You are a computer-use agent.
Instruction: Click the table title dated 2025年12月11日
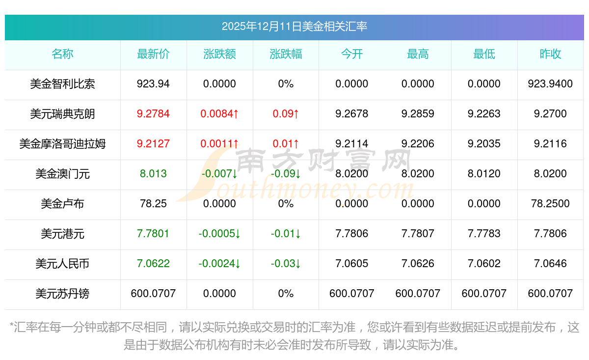coord(294,27)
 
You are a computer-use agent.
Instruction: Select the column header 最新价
coord(153,54)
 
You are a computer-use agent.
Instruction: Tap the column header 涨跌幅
coord(286,54)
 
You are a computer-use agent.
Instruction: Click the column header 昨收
coord(550,54)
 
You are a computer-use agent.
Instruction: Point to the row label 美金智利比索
coord(62,84)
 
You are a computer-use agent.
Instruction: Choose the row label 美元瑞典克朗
coord(62,114)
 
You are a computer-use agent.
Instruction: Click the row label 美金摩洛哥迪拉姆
coord(62,144)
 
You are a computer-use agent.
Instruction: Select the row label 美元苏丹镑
coord(62,294)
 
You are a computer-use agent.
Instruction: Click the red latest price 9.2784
coord(153,114)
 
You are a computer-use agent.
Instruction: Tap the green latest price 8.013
coord(153,174)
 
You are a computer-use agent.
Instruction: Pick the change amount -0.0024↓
coord(219,264)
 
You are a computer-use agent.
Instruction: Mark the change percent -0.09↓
coord(286,174)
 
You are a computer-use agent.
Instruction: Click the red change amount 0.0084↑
coord(219,114)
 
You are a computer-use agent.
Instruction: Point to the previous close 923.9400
coord(550,84)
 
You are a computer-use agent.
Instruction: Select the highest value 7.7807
coord(418,234)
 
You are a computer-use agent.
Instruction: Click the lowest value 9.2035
coord(484,144)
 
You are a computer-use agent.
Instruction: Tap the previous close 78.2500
coord(550,204)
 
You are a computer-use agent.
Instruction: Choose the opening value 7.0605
coord(351,264)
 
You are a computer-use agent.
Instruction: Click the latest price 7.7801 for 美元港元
coord(153,234)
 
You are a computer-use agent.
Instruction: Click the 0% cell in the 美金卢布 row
coord(286,204)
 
